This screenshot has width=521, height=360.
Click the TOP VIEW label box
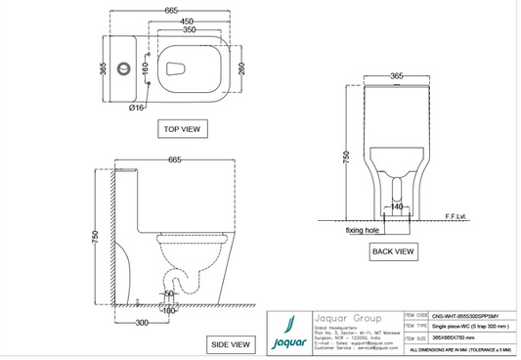182,128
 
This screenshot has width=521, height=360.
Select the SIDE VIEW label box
230,343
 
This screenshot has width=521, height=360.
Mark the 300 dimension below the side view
141,322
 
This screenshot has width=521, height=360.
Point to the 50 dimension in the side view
169,292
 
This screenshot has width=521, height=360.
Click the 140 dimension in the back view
398,207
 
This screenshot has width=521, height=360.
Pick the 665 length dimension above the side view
177,159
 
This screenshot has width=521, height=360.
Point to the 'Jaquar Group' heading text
347,317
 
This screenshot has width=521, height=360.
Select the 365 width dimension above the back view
398,75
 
